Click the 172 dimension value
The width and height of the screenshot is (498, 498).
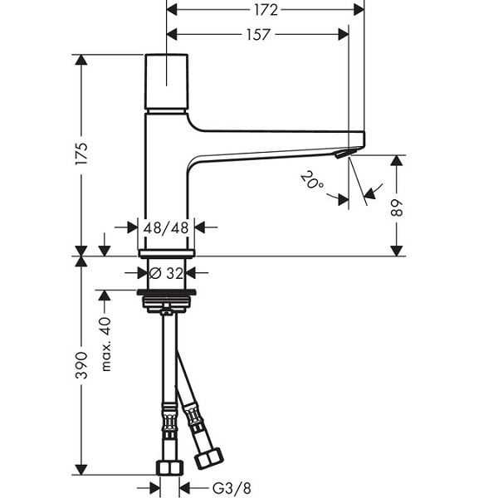(266, 10)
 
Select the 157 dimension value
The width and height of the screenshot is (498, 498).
(258, 35)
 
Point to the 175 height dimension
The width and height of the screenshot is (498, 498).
(81, 154)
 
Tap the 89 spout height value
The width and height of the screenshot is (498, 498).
(397, 207)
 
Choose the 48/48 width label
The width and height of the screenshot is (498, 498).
(166, 227)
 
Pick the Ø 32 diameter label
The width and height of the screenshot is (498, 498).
(167, 273)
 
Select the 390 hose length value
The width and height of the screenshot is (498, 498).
(81, 365)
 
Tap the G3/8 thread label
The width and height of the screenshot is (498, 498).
(232, 488)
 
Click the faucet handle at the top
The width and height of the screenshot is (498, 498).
(167, 81)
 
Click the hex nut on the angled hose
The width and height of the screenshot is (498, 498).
(208, 458)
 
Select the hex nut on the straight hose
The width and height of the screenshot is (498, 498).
(170, 467)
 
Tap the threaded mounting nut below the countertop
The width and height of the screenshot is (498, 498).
(166, 302)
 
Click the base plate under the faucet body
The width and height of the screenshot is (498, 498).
(167, 253)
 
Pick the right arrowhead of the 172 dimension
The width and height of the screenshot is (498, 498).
(359, 10)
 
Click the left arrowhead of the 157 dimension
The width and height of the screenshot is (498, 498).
(172, 35)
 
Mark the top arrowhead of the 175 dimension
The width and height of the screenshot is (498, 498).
(81, 60)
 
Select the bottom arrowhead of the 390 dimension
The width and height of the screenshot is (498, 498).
(81, 470)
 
